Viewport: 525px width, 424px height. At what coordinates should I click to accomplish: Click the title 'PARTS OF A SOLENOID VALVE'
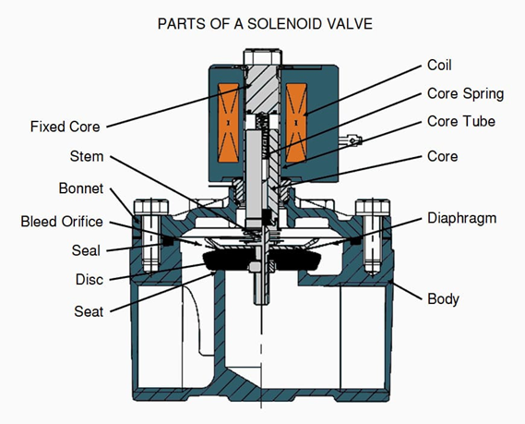[x=265, y=24]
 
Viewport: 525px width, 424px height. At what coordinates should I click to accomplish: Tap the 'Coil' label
[x=439, y=65]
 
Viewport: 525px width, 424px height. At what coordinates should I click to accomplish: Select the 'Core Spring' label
[x=465, y=94]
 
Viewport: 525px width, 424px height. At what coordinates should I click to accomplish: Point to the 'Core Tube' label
[x=461, y=121]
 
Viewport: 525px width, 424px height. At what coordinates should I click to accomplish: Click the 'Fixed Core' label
[x=66, y=127]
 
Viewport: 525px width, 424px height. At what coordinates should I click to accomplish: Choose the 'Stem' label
[x=87, y=156]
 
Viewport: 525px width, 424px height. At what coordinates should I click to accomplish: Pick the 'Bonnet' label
[x=81, y=188]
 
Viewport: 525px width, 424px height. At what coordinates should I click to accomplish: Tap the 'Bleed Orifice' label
[x=62, y=222]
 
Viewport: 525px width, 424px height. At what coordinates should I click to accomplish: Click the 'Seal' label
[x=86, y=250]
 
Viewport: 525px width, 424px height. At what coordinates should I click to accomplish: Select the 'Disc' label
[x=89, y=280]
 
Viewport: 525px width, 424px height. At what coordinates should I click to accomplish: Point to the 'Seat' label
[x=89, y=311]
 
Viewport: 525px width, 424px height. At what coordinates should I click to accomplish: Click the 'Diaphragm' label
[x=462, y=219]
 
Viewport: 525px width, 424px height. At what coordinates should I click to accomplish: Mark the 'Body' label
[x=443, y=299]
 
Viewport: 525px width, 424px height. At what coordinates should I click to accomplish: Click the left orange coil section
[x=228, y=123]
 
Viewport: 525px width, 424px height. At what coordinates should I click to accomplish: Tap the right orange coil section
[x=296, y=123]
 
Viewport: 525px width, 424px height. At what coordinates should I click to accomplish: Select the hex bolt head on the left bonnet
[x=151, y=207]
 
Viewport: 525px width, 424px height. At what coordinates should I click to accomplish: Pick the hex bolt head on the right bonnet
[x=373, y=207]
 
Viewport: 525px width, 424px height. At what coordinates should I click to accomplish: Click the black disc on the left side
[x=227, y=260]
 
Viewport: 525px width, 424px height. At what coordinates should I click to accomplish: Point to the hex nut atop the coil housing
[x=262, y=56]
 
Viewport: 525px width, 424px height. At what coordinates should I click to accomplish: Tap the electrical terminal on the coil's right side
[x=351, y=140]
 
